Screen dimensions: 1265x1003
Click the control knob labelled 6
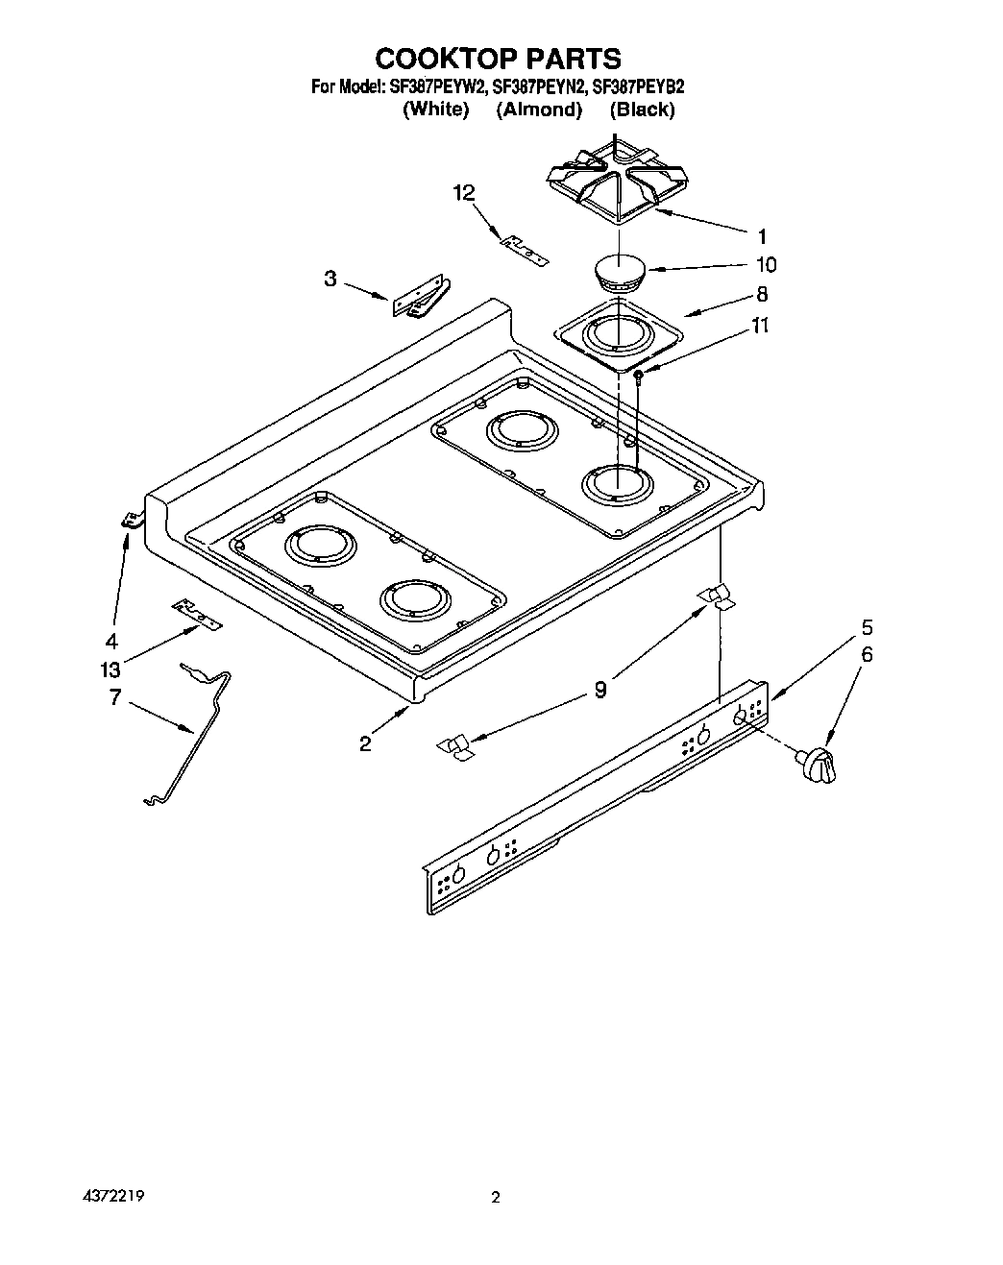coord(816,764)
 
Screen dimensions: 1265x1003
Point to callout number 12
coord(464,194)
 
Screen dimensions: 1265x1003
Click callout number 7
coord(115,697)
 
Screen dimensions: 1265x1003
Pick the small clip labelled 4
coord(130,522)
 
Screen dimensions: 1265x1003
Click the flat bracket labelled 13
coord(197,614)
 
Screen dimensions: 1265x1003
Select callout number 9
coord(600,689)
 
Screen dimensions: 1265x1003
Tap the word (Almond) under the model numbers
coord(539,109)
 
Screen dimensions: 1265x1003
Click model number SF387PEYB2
coord(638,86)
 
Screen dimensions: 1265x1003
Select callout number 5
coord(867,627)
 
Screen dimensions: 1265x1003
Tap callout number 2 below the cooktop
coord(365,742)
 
